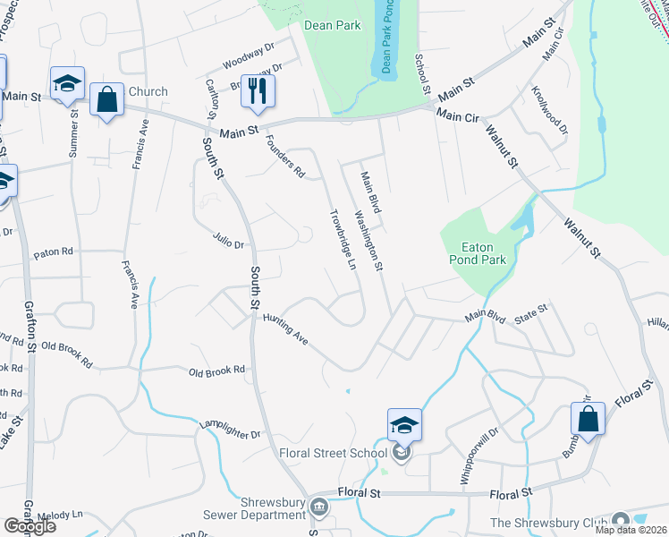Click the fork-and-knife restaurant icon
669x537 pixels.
tap(258, 91)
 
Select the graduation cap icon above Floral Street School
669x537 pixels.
tap(403, 424)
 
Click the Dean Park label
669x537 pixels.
tap(333, 25)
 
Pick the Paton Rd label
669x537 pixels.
tap(53, 252)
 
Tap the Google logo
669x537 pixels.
tap(29, 526)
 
